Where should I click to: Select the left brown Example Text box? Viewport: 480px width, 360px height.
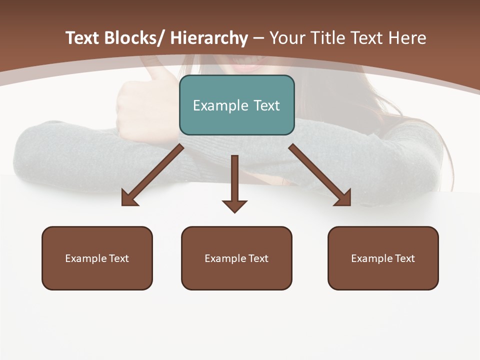(x=97, y=258)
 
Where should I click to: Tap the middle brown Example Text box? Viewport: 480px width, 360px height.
(x=236, y=258)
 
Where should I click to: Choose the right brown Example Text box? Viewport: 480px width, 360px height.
(x=383, y=258)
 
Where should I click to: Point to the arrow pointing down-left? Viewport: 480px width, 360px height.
(x=152, y=175)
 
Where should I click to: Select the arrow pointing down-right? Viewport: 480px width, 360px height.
(x=319, y=175)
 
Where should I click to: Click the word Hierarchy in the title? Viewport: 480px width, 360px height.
(x=209, y=38)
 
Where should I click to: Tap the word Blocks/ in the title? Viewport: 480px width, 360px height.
(x=133, y=38)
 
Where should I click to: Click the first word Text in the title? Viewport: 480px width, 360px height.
(x=83, y=38)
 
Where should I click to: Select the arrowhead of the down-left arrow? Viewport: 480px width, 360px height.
(x=128, y=199)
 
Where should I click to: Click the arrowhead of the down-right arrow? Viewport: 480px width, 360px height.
(x=343, y=198)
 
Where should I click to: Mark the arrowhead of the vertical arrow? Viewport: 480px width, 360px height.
(x=234, y=205)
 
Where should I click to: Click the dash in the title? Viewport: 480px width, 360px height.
(x=258, y=38)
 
